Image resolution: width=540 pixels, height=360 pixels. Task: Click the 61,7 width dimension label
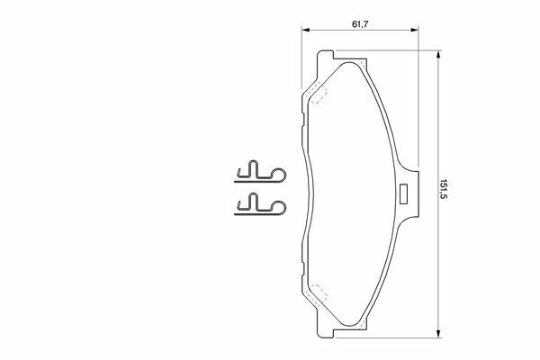tap(360, 24)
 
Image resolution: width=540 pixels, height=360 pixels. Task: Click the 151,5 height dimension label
tap(443, 190)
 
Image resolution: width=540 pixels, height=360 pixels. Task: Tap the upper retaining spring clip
tap(260, 172)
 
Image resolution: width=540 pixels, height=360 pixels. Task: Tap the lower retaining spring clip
tap(260, 204)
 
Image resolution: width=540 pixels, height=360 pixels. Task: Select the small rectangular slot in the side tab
tap(403, 194)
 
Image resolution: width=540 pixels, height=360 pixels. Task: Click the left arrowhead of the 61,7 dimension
tap(305, 31)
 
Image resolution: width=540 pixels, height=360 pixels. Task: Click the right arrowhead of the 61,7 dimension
tap(415, 31)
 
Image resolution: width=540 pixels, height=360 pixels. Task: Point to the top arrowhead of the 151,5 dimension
tap(438, 54)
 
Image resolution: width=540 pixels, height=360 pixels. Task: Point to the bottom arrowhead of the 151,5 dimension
tap(438, 334)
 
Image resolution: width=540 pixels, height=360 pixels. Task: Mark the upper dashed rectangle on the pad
tap(317, 94)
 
